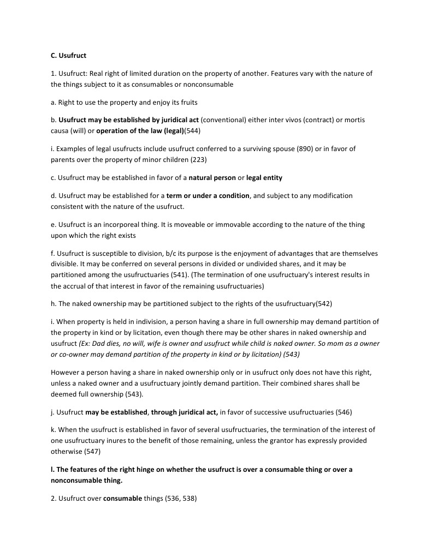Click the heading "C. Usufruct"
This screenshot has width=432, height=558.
point(68,56)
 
